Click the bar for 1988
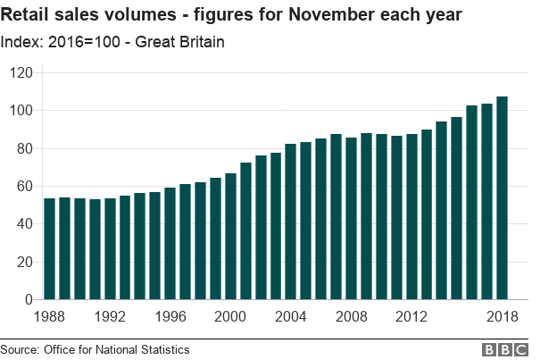[50, 249]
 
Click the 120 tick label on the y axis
[20, 72]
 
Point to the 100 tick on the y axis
[20, 111]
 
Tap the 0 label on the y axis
[27, 300]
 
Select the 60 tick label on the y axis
[23, 187]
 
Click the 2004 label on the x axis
[291, 316]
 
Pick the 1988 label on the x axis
[50, 316]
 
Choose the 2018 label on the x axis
[503, 316]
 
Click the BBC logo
[505, 349]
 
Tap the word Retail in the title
[27, 16]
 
